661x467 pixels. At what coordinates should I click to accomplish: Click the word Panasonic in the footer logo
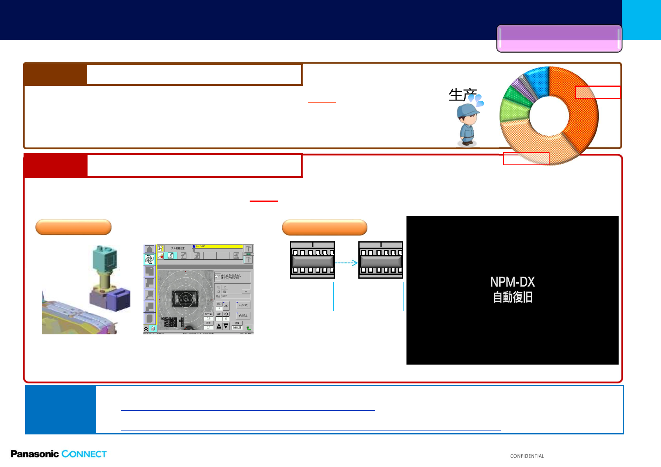click(35, 454)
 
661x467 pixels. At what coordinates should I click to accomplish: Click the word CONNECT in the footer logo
click(84, 454)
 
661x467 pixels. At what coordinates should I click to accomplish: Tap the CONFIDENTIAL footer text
click(527, 456)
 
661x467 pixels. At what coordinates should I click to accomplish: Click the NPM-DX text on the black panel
click(512, 282)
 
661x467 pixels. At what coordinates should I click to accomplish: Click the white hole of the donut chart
click(549, 116)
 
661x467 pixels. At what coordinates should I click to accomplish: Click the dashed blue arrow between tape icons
click(346, 263)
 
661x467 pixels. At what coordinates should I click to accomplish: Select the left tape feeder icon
click(312, 260)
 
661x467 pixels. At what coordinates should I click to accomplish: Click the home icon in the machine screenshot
click(149, 249)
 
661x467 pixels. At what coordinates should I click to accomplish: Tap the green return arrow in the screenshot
click(249, 328)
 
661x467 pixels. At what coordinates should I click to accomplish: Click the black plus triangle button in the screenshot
click(219, 326)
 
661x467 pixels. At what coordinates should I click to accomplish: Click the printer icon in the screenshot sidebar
click(152, 328)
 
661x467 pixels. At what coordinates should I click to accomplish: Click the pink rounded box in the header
click(559, 38)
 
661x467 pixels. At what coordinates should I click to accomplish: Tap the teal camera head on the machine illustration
click(105, 257)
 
